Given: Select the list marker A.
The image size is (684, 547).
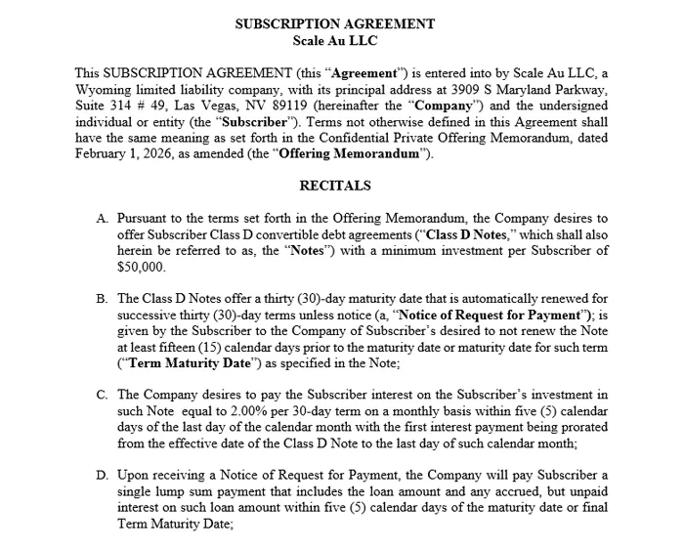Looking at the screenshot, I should pos(102,218).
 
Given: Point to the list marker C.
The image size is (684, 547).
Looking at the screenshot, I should pos(102,395).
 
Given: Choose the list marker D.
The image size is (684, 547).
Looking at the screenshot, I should pos(102,475).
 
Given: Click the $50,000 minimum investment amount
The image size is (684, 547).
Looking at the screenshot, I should pos(141,266).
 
